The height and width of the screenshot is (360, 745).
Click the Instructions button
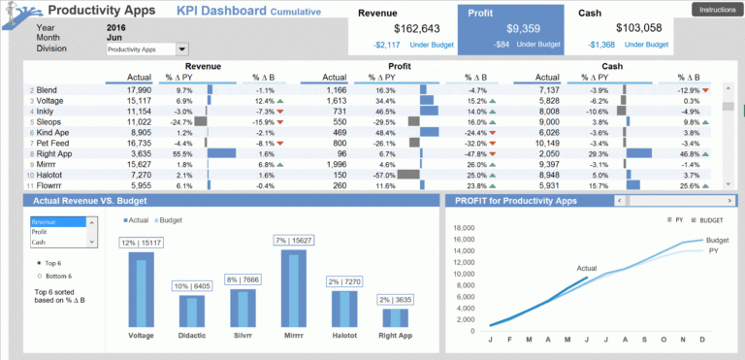pyautogui.click(x=712, y=10)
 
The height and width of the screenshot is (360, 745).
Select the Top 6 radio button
pyautogui.click(x=39, y=262)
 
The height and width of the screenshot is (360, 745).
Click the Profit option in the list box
pyautogui.click(x=40, y=232)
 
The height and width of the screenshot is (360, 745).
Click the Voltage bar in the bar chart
pyautogui.click(x=142, y=288)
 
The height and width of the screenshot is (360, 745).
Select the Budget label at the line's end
pyautogui.click(x=717, y=240)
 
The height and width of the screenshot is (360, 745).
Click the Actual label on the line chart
pyautogui.click(x=588, y=268)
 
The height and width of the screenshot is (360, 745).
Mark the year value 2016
pyautogui.click(x=116, y=28)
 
